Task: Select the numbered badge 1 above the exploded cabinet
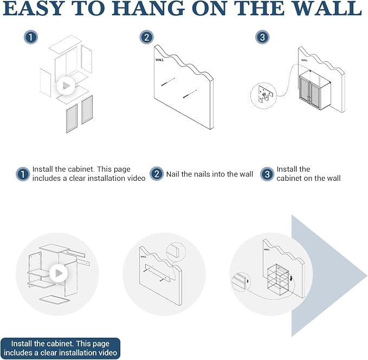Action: (x=31, y=37)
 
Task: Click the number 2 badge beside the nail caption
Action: (x=157, y=174)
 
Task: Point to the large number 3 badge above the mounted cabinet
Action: (x=262, y=37)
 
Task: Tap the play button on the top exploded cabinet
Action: (x=66, y=86)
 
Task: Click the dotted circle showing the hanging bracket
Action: (x=264, y=96)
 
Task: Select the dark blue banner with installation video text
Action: (x=60, y=348)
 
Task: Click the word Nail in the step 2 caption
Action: (x=173, y=174)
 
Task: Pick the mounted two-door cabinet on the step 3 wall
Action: (x=315, y=92)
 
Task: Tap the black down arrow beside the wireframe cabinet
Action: (x=291, y=278)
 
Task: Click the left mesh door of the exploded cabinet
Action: (x=72, y=119)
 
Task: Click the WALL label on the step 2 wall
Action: (x=159, y=60)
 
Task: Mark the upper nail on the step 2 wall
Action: (x=168, y=82)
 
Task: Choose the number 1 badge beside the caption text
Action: (x=23, y=174)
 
